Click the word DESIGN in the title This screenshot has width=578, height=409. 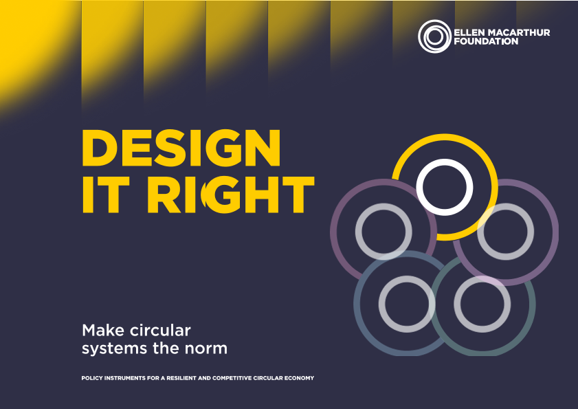pyautogui.click(x=181, y=148)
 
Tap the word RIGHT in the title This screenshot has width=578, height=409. pyautogui.click(x=231, y=195)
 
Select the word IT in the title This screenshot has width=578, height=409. pyautogui.click(x=106, y=195)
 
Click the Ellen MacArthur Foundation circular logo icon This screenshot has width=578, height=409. pyautogui.click(x=434, y=36)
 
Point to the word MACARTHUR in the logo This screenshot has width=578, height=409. pyautogui.click(x=521, y=32)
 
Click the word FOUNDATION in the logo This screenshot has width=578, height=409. pyautogui.click(x=486, y=41)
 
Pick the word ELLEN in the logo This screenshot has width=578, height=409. pyautogui.click(x=472, y=32)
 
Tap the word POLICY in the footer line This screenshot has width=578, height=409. pyautogui.click(x=92, y=378)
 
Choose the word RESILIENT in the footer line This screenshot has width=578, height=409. pyautogui.click(x=181, y=378)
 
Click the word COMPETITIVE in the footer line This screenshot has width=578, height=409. pyautogui.click(x=232, y=378)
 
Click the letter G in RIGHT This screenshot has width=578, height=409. pyautogui.click(x=221, y=195)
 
